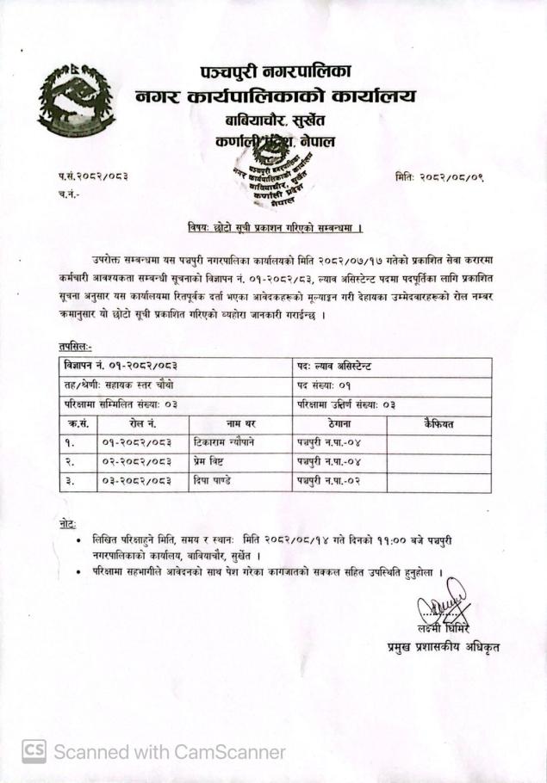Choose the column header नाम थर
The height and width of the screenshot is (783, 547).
click(241, 423)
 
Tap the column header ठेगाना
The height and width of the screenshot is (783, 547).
click(339, 423)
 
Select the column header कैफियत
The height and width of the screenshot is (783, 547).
click(438, 423)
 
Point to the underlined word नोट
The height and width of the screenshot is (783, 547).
click(62, 523)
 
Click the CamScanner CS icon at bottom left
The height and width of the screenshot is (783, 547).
click(34, 750)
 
